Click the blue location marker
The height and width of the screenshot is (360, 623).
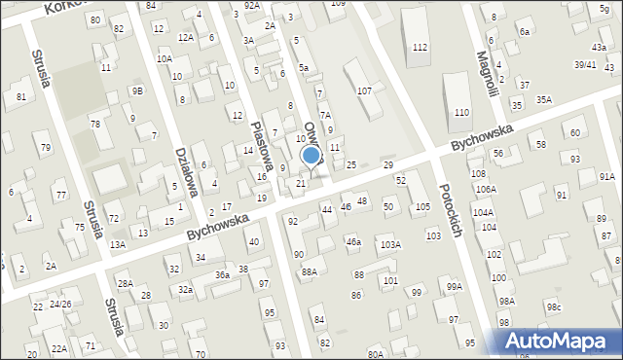311,156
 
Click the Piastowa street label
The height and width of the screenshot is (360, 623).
260,145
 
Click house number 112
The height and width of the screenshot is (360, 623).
420,48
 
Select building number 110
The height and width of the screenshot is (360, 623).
461,113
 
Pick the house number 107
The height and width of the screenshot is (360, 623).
364,90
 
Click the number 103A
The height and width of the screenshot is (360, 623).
390,244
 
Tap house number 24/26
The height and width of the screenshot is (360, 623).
61,304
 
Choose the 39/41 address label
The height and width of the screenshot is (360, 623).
584,64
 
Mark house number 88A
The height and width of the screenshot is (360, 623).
309,271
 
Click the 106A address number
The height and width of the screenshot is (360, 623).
485,188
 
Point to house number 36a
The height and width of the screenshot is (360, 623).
223,275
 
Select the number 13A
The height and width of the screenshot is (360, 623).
117,244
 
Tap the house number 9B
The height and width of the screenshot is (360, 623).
137,90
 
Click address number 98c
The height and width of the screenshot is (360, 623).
553,307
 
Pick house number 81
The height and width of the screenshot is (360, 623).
20,96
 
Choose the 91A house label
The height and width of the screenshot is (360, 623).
606,176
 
